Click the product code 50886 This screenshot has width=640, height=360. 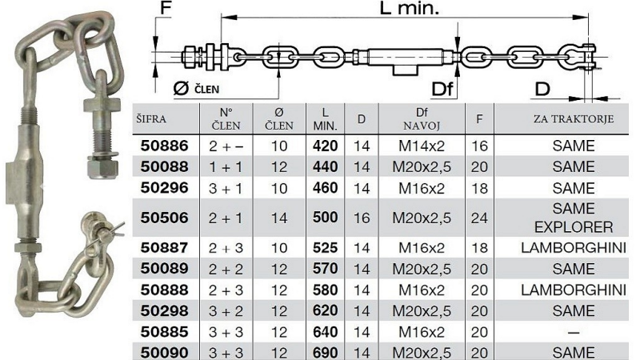164,146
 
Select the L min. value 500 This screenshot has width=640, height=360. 326,217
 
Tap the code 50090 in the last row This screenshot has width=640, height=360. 164,353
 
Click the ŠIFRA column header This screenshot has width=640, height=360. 151,119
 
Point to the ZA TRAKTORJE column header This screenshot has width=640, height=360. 574,118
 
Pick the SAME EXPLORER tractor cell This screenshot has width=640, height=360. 574,218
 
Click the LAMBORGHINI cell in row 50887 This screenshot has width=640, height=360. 574,248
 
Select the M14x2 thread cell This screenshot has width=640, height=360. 422,146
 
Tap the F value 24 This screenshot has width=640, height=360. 479,218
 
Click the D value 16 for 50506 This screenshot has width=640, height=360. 362,218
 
